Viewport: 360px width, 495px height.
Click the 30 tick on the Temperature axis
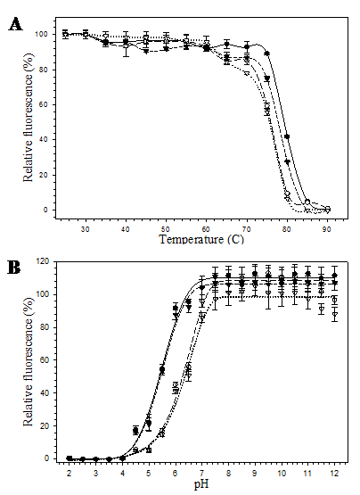pyautogui.click(x=86, y=229)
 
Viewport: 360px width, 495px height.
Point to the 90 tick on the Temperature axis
pyautogui.click(x=327, y=229)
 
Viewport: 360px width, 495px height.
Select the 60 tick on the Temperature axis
pyautogui.click(x=206, y=229)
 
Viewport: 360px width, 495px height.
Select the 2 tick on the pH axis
pyautogui.click(x=69, y=473)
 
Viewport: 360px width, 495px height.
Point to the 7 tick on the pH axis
pyautogui.click(x=202, y=473)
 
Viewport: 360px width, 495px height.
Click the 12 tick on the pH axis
pyautogui.click(x=334, y=473)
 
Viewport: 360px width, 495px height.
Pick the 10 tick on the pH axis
pyautogui.click(x=282, y=473)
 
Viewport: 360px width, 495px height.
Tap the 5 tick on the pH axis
pyautogui.click(x=149, y=473)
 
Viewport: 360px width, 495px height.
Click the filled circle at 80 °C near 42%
pyautogui.click(x=287, y=136)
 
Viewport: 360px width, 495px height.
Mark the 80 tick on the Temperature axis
pyautogui.click(x=287, y=229)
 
